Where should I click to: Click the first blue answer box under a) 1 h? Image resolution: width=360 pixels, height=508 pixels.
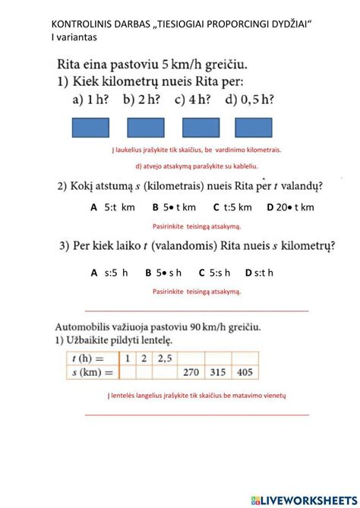point(90,128)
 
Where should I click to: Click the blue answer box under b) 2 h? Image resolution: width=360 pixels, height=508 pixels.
point(146,128)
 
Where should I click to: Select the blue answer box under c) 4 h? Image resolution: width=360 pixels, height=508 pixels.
point(201,128)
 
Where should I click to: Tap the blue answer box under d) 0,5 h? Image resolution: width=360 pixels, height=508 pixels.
point(256,128)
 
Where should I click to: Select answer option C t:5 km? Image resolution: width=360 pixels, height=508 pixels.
point(232,207)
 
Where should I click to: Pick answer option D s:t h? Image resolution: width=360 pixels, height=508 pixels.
point(259,273)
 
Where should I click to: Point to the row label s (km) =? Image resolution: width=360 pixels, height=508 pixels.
point(88,372)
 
